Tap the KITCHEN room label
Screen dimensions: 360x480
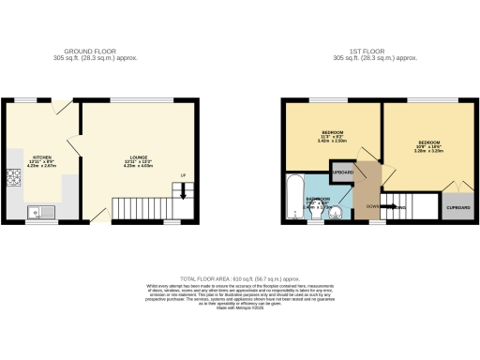tap(43, 157)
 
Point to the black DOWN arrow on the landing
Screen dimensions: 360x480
tap(394, 207)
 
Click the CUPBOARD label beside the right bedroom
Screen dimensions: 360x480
tap(457, 207)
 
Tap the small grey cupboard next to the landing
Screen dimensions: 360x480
tap(342, 173)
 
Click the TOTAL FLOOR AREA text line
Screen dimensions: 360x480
tap(240, 279)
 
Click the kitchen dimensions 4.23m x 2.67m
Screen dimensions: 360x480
tap(43, 167)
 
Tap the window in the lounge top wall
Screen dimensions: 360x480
tap(137, 99)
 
